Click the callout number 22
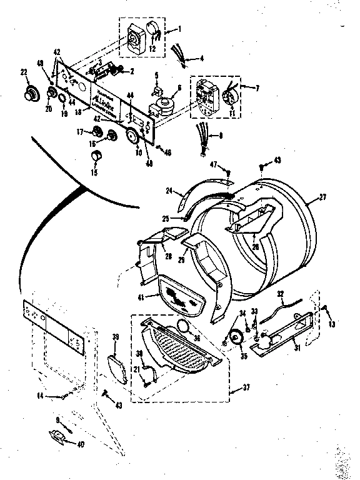point(24,73)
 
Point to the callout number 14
point(40,395)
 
